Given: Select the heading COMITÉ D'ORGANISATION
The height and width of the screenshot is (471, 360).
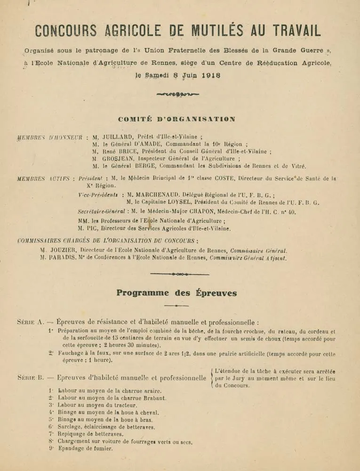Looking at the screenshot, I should coord(176,119).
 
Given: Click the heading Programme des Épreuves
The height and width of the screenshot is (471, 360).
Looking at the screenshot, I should coord(176,293).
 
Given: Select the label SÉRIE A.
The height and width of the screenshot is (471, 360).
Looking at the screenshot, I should coord(30,323).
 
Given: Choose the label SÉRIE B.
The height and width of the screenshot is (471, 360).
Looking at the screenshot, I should coord(30,378).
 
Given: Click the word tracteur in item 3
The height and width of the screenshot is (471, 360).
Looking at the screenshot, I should coord(125,405).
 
